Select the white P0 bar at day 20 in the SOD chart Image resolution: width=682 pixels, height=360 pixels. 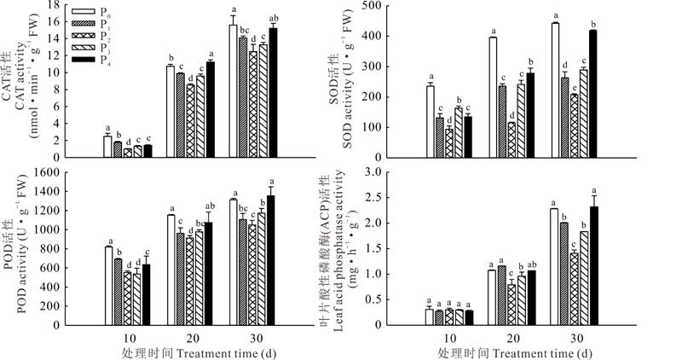pyautogui.click(x=492, y=97)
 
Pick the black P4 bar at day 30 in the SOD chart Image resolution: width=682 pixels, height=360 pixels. pyautogui.click(x=592, y=94)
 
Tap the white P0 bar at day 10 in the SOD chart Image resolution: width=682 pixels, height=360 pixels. pyautogui.click(x=430, y=121)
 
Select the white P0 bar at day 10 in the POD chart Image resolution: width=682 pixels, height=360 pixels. pyautogui.click(x=108, y=286)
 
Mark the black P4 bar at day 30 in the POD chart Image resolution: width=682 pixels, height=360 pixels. pyautogui.click(x=272, y=260)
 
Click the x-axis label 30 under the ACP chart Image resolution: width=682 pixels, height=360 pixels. pyautogui.click(x=576, y=336)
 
